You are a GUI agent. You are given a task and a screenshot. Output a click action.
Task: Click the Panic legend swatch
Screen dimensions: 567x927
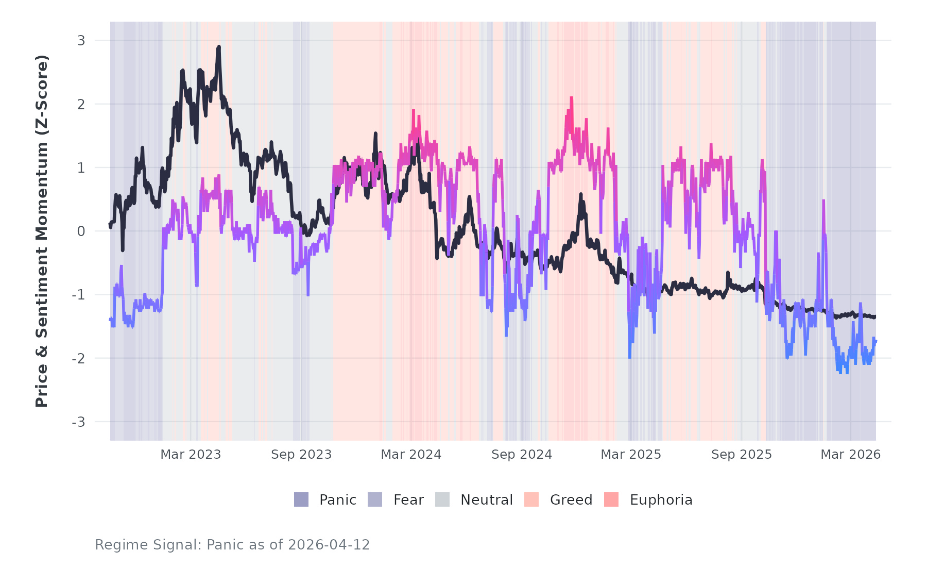point(301,499)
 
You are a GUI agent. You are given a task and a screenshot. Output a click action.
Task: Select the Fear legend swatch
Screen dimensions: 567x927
point(375,499)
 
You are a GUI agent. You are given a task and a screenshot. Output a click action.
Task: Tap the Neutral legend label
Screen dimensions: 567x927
point(486,500)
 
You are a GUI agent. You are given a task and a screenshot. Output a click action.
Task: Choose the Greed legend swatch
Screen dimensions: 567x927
point(531,499)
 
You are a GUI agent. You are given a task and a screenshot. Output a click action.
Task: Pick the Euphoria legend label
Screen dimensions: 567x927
point(661,500)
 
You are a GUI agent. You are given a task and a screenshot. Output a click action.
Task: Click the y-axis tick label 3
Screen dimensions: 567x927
point(81,40)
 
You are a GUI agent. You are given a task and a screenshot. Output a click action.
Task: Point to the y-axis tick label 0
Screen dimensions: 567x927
point(81,231)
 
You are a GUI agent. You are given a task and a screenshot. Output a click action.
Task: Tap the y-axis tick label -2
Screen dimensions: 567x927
point(78,358)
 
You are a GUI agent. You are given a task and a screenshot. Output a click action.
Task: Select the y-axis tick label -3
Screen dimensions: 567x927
point(78,422)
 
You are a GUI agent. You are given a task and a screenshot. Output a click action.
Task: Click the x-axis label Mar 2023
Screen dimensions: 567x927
point(191,455)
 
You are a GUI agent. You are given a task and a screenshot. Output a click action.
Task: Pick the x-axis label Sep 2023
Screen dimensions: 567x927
point(301,455)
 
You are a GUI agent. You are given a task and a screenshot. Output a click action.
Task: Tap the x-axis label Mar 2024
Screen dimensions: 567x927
point(411,455)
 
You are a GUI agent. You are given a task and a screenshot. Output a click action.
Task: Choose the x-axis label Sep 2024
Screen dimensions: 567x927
point(522,455)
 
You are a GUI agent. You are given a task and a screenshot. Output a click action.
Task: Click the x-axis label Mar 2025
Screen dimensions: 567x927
point(631,455)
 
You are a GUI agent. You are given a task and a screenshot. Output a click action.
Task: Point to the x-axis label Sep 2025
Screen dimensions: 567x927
point(742,455)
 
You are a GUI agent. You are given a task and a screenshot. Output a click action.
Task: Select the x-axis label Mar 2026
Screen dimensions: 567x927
point(850,455)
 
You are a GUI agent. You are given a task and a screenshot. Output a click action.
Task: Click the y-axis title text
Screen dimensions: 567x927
point(41,231)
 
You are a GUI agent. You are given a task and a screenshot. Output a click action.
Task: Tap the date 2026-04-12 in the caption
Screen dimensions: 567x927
point(329,545)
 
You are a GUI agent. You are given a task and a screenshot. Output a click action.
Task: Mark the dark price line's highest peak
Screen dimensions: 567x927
point(219,47)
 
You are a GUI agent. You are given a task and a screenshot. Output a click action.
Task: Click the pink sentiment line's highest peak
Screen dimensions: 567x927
point(571,97)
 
